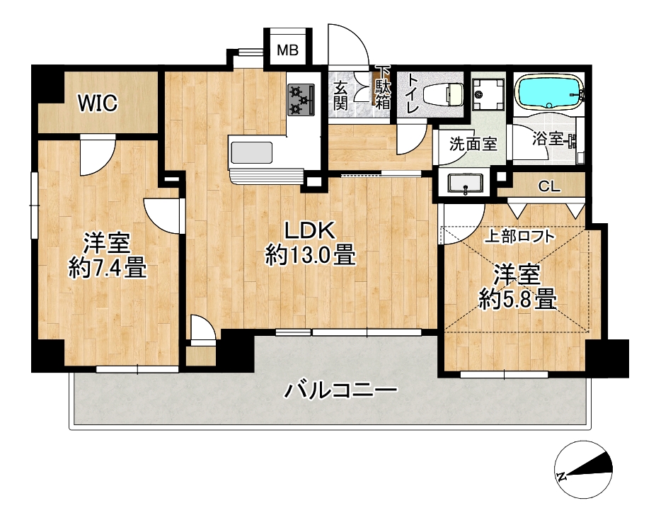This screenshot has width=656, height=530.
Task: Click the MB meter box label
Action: [x=288, y=50]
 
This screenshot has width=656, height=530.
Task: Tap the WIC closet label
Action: [x=98, y=103]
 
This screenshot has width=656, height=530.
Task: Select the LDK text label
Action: [x=310, y=231]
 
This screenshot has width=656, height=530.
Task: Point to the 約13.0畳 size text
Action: [x=311, y=255]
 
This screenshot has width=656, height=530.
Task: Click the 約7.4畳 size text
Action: [x=108, y=268]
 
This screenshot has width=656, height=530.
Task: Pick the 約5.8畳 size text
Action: [x=517, y=300]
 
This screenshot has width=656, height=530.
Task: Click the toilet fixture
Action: [x=443, y=95]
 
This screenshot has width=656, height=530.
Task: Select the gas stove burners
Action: [x=301, y=100]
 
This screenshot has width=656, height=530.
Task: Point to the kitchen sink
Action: [x=251, y=153]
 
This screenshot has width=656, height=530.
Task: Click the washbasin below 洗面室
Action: [x=465, y=184]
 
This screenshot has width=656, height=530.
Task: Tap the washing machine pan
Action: [x=488, y=94]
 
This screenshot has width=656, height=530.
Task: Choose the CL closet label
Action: [x=549, y=186]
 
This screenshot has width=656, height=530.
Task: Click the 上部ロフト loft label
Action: [x=519, y=237]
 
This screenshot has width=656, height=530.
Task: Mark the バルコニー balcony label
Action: [x=340, y=390]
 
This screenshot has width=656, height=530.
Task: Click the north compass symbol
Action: [x=583, y=470]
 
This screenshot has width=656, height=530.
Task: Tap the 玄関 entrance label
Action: [x=340, y=96]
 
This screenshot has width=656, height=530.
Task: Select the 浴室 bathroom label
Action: [x=548, y=139]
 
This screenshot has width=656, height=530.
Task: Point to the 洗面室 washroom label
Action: [x=473, y=144]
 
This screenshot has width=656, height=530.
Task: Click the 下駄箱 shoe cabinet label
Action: [x=382, y=89]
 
